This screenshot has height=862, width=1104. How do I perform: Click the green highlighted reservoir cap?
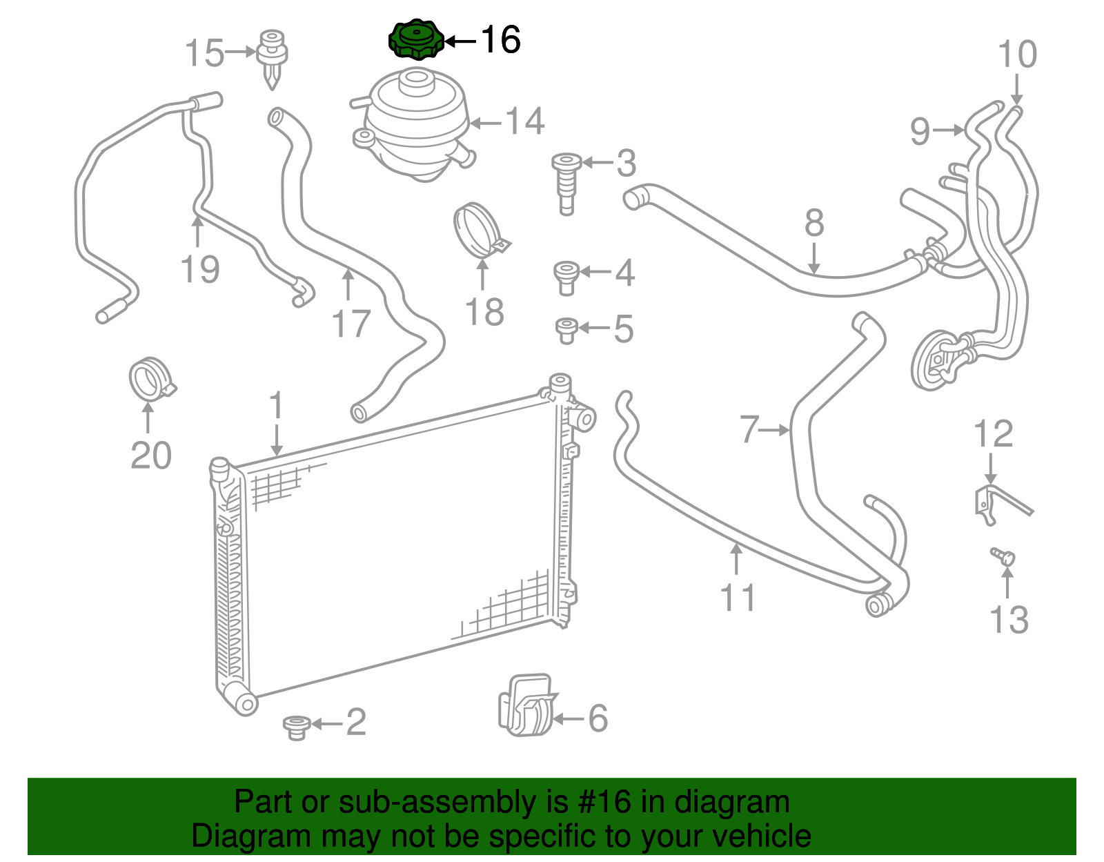tap(416, 39)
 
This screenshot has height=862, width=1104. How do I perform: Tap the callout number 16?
tap(500, 40)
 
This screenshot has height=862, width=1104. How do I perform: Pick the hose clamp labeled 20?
tap(150, 379)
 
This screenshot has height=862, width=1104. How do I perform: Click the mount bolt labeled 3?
tap(566, 183)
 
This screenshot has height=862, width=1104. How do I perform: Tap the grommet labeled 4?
tap(566, 277)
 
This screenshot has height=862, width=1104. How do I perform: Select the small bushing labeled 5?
tap(566, 330)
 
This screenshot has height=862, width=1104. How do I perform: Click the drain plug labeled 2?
tap(296, 727)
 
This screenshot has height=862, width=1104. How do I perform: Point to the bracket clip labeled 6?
tap(526, 705)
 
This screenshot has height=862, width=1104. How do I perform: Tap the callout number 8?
tap(814, 224)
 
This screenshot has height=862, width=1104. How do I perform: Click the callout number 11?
tap(738, 598)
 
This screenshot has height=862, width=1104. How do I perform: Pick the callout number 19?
tap(200, 269)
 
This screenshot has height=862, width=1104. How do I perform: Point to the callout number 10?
tap(1017, 55)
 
